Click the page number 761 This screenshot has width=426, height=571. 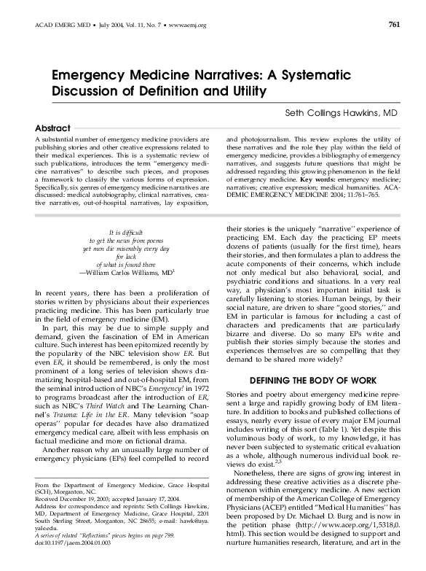394,25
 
